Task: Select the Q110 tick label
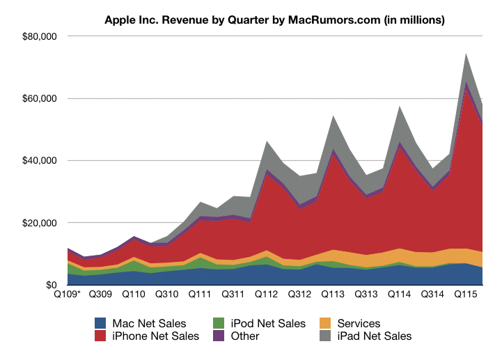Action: click(x=133, y=295)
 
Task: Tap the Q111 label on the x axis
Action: click(x=201, y=295)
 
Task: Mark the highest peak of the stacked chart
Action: click(x=466, y=53)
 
